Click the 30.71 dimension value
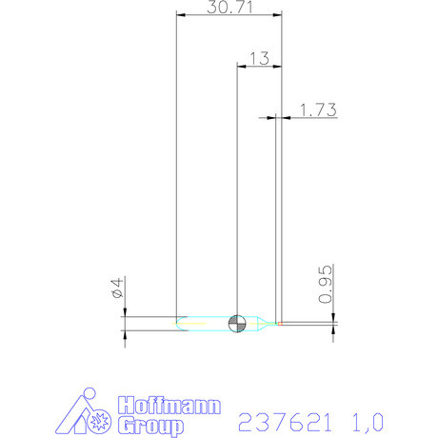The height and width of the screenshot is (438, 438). tap(229, 8)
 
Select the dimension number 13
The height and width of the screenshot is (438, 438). tap(258, 58)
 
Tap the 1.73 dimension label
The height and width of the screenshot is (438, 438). tap(319, 110)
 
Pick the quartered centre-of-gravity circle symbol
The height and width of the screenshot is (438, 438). tap(237, 324)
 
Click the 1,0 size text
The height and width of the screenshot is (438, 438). tap(368, 420)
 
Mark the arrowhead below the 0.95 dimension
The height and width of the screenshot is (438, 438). tap(333, 329)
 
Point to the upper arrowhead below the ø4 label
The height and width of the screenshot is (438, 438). tap(126, 310)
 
